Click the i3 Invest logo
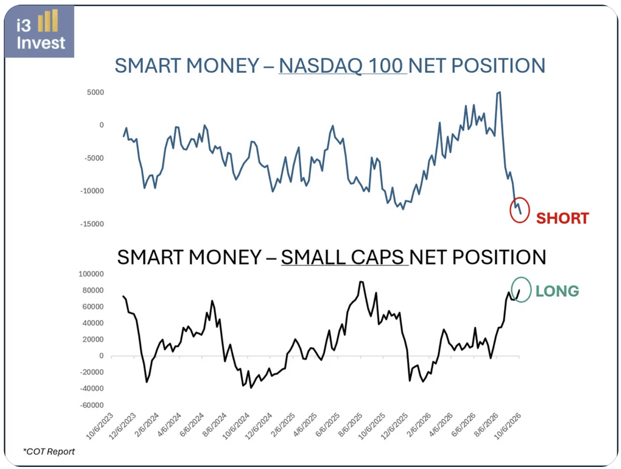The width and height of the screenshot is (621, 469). pos(40,31)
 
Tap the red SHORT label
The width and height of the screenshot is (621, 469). pos(563,219)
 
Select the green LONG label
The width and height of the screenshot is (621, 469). pos(557,291)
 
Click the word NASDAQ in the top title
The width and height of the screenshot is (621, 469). pos(320,66)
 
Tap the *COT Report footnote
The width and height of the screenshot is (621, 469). pos(49,451)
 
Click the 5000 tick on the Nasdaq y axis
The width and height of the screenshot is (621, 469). pos(95,93)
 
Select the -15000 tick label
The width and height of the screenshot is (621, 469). pos(92,224)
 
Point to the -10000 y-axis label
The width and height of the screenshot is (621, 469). pos(92,191)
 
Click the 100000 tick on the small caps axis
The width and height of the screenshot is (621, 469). pos(91,274)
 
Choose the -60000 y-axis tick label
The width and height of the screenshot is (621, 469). pos(92,405)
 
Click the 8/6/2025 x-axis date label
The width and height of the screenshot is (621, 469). pos(350,425)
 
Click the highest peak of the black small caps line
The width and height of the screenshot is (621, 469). pos(361,282)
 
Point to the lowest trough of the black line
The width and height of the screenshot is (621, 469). pos(251,388)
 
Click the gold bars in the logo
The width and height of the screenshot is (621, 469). pos(48,20)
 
